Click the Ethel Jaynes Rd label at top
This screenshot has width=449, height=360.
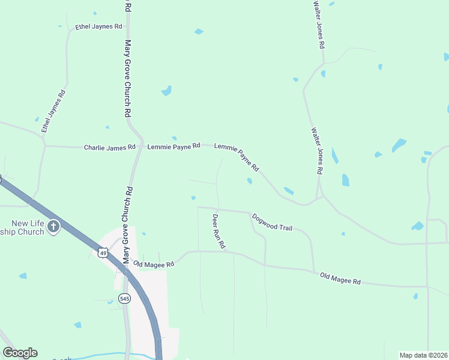coord(98,27)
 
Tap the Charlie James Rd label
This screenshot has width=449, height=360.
coord(110,147)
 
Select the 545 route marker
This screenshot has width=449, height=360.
coord(124,298)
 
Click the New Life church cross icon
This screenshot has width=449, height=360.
coord(54,226)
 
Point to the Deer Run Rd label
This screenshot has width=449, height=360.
coord(218,231)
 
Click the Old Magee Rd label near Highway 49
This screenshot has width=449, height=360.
coord(154,264)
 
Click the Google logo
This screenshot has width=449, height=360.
coord(20,353)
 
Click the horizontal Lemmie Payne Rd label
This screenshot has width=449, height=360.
coord(173,146)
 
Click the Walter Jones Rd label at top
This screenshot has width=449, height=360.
coord(319,24)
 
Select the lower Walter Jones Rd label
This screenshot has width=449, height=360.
coord(317,150)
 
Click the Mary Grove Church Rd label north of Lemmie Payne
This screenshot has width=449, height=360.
coord(127,78)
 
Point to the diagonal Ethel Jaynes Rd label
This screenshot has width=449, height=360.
coord(53,111)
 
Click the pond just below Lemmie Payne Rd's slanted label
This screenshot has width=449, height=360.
coord(249,181)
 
